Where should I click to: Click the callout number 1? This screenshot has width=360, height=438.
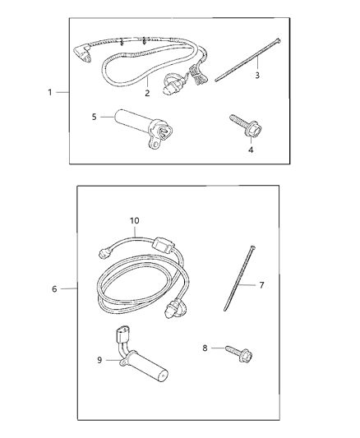(x=51, y=92)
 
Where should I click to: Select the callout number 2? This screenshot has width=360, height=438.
(x=146, y=93)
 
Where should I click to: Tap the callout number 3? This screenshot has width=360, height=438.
(x=257, y=76)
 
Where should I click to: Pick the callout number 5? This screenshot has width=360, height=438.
(x=95, y=118)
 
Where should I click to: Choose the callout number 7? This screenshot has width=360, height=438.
(x=261, y=285)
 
